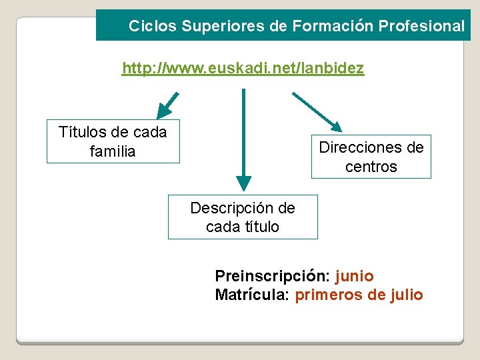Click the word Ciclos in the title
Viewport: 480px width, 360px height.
(x=146, y=27)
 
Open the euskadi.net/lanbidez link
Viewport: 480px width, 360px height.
(x=243, y=69)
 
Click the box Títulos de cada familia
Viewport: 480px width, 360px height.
(x=113, y=141)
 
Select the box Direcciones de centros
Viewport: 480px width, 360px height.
(x=371, y=157)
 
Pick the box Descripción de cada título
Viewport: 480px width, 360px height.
(x=243, y=217)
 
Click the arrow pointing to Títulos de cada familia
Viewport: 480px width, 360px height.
(x=167, y=105)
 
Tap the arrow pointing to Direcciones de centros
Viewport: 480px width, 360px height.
(x=318, y=110)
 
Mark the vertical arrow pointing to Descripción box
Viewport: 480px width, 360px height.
(x=244, y=140)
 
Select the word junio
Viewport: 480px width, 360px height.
(x=355, y=276)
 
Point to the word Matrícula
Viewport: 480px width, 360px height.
(x=252, y=295)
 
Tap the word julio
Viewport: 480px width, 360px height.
(x=407, y=295)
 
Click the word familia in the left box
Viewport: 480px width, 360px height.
(x=113, y=152)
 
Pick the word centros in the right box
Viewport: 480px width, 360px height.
(x=371, y=167)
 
